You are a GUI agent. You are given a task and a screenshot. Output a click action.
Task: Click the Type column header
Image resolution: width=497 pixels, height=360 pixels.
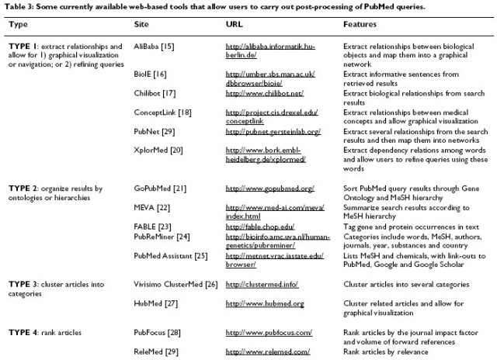(17, 25)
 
